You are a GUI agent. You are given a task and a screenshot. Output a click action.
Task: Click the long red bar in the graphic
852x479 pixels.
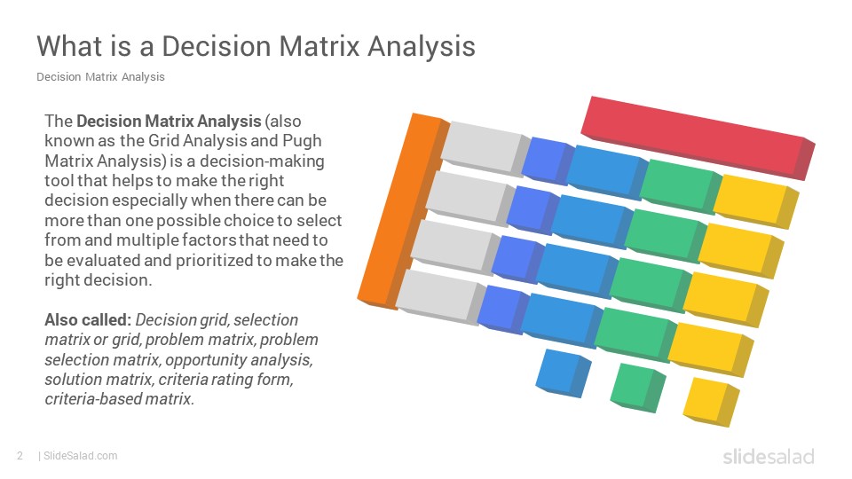point(698,138)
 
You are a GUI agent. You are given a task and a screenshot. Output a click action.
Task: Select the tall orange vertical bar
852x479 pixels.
point(402,211)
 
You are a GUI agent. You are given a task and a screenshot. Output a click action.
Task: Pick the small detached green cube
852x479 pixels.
point(638,388)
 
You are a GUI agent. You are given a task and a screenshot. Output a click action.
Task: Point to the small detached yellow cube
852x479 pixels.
point(711,402)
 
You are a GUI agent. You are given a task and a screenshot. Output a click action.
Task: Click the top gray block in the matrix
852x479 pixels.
point(485,148)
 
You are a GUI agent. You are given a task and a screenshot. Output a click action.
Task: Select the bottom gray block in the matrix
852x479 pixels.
point(441,296)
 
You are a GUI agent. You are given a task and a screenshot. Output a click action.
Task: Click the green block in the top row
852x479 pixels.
point(681,185)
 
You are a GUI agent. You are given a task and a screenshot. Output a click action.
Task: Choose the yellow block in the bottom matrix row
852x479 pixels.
point(711,349)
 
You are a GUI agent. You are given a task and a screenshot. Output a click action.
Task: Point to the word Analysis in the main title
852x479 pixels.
point(422,47)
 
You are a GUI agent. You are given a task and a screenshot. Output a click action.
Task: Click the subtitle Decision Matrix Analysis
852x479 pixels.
point(100,77)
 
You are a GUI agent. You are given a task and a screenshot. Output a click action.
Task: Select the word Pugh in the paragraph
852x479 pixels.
point(302,141)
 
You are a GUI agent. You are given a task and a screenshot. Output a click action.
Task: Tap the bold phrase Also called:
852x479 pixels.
point(88,320)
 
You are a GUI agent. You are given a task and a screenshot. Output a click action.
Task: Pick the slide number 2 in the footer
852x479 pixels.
point(20,456)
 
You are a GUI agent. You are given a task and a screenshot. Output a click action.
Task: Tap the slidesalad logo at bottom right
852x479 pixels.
point(769,456)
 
